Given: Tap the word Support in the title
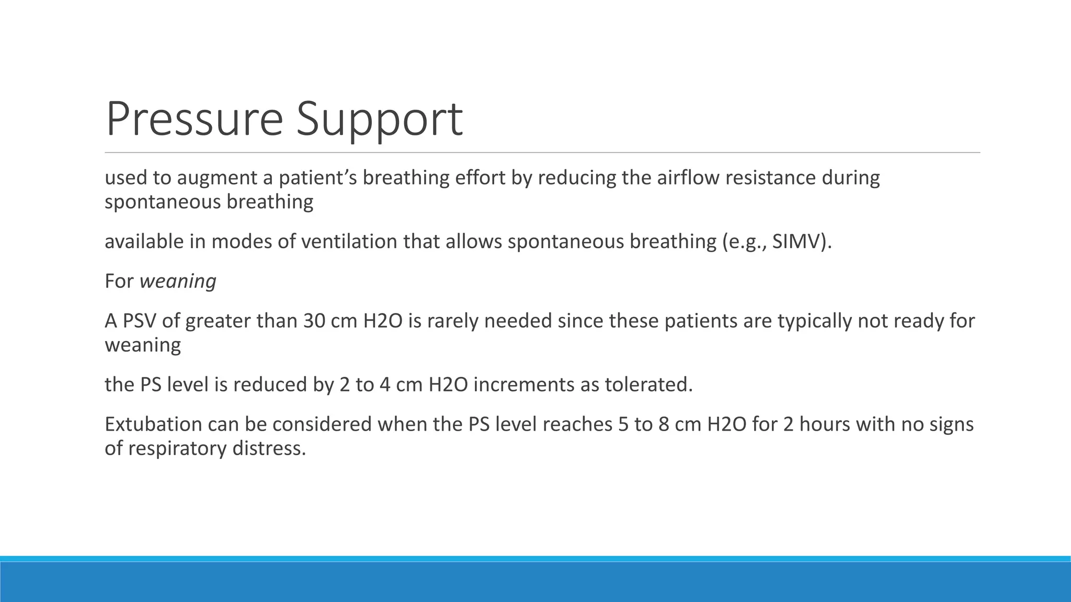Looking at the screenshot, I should point(380,119).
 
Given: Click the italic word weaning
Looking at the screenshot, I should point(178,281).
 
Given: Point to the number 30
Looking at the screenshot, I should point(314,321).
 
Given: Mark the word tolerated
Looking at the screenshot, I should point(648,385).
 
